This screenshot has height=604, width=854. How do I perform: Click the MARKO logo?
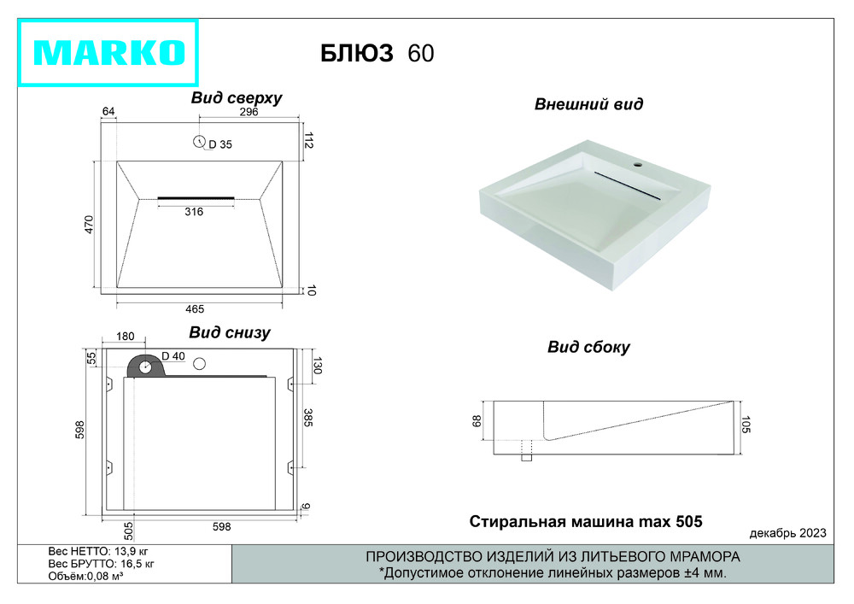pos(108,53)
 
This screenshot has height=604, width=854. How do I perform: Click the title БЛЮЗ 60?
pos(377,53)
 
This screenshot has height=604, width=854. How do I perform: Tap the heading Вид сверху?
pos(237,98)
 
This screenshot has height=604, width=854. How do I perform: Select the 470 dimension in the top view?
pos(90,225)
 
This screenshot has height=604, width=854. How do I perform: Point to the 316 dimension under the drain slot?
pos(194,212)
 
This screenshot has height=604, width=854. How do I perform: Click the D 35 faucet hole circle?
pos(199,142)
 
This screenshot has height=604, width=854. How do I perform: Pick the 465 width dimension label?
pos(195,309)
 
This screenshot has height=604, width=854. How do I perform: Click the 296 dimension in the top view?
pos(249,112)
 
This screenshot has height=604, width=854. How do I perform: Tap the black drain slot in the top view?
pos(196,198)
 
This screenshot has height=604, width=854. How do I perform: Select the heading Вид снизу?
pos(229,333)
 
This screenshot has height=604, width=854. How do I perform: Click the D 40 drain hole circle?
pos(145,367)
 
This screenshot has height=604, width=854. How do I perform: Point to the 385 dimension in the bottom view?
pos(307,418)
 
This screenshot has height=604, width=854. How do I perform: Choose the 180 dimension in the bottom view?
pos(125,337)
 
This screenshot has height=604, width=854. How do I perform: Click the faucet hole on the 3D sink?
pos(638,163)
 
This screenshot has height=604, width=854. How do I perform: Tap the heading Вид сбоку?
pos(588,348)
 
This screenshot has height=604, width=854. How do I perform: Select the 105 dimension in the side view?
pos(746,425)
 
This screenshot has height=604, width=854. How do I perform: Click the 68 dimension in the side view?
pos(477,421)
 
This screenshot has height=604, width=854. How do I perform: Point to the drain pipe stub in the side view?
pos(526,451)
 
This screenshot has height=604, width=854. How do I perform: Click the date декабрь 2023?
pos(787,533)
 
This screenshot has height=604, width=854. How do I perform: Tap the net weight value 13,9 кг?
pos(132,552)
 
